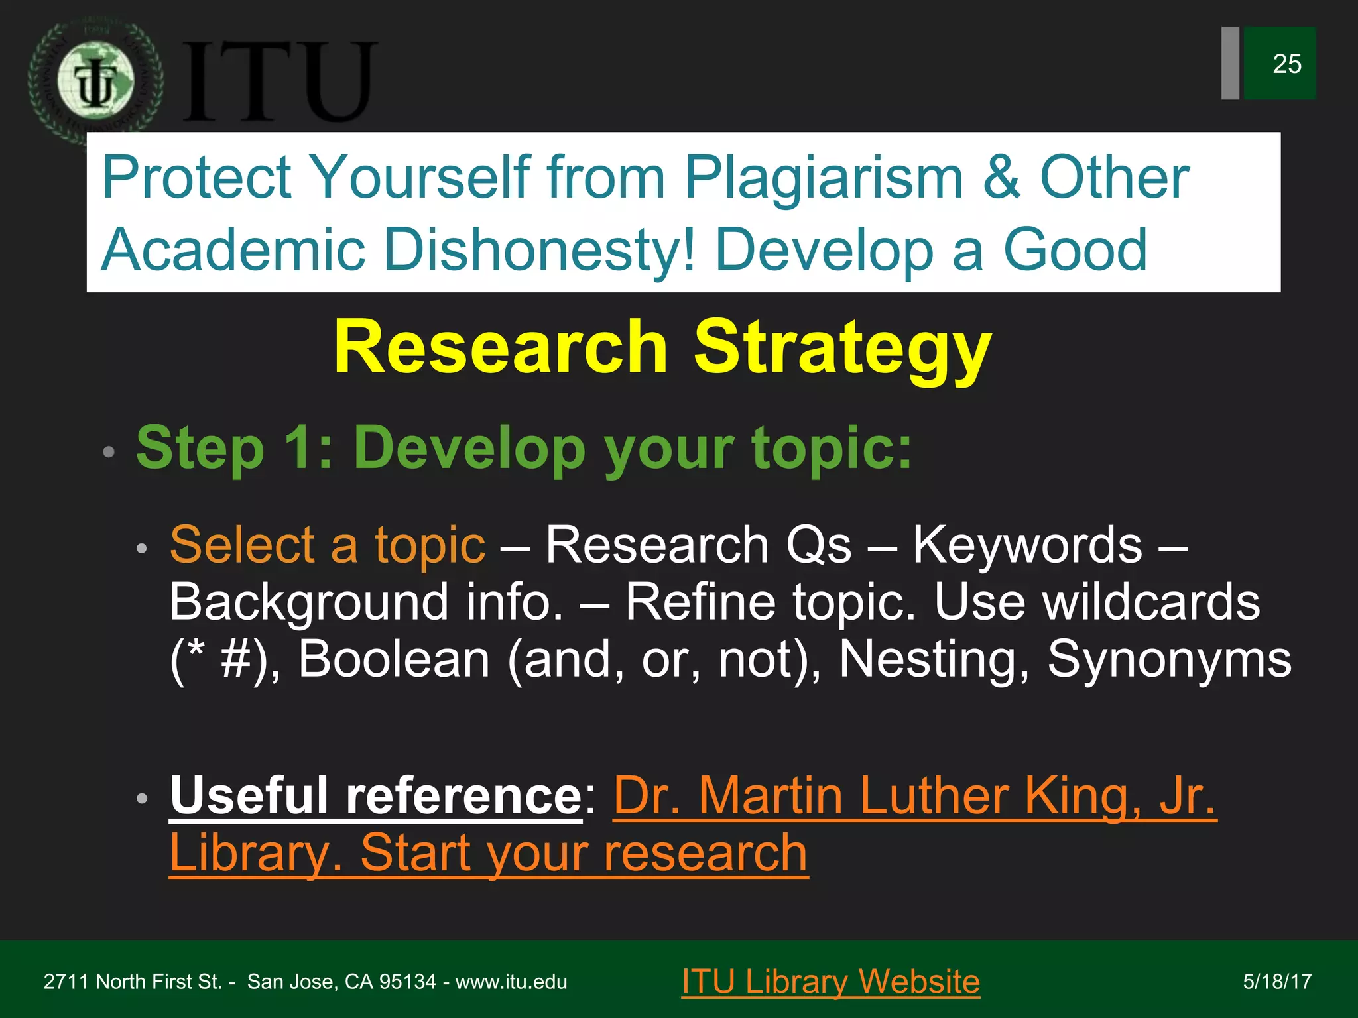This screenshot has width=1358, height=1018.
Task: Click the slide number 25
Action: [x=1286, y=64]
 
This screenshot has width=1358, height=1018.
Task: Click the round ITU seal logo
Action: [x=95, y=82]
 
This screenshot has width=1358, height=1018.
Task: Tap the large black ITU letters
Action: [x=278, y=82]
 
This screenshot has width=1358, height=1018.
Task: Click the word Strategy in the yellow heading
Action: [x=842, y=348]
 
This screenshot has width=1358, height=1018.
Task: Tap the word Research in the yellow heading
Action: [x=500, y=348]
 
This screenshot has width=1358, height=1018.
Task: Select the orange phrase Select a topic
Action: [x=328, y=545]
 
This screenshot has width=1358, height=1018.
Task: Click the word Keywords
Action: [x=1028, y=545]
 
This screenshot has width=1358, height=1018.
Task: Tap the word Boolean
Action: [x=394, y=659]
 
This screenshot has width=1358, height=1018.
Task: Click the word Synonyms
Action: [x=1169, y=659]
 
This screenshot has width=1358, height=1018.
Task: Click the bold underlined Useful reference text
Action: [x=375, y=795]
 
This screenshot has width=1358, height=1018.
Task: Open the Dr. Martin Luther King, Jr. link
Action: [x=914, y=795]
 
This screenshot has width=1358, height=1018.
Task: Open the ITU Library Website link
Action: [x=830, y=982]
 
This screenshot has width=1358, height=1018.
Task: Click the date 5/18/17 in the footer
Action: [x=1277, y=982]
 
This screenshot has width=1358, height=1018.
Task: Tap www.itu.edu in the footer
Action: [x=511, y=982]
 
